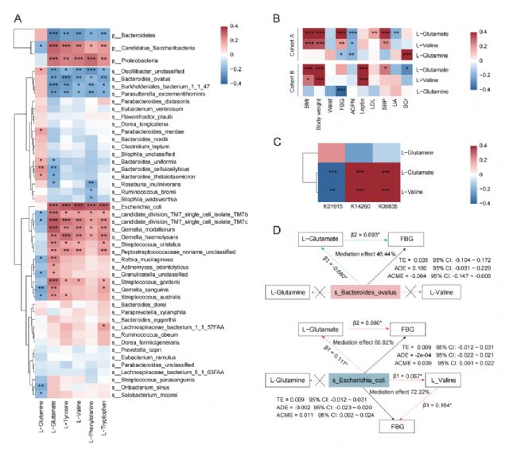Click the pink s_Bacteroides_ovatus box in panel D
pyautogui.click(x=364, y=292)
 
